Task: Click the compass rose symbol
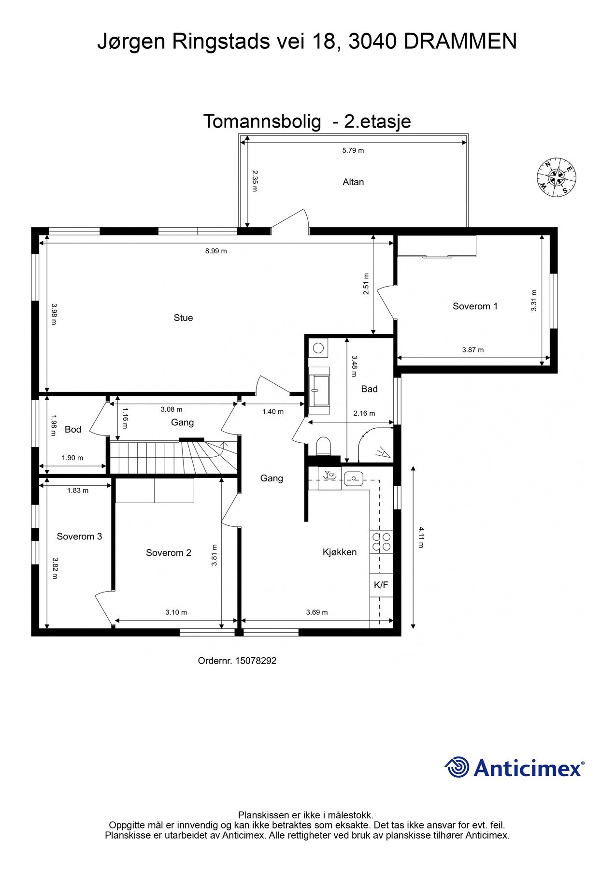(x=557, y=177)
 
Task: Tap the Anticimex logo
(x=514, y=767)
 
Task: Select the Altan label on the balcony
(x=353, y=182)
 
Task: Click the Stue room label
(x=183, y=318)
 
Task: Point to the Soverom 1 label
(x=475, y=306)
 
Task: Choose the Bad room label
(x=369, y=389)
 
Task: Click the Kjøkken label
(x=340, y=552)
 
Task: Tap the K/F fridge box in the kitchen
(x=381, y=585)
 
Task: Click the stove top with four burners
(x=381, y=542)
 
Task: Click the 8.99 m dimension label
(x=216, y=251)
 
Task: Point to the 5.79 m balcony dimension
(x=353, y=150)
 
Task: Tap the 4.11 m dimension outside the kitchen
(x=420, y=537)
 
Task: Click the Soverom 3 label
(x=79, y=536)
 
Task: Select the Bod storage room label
(x=73, y=429)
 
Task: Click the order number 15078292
(x=256, y=660)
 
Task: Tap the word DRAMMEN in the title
(x=460, y=42)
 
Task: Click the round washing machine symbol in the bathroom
(x=318, y=348)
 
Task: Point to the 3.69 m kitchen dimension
(x=317, y=612)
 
